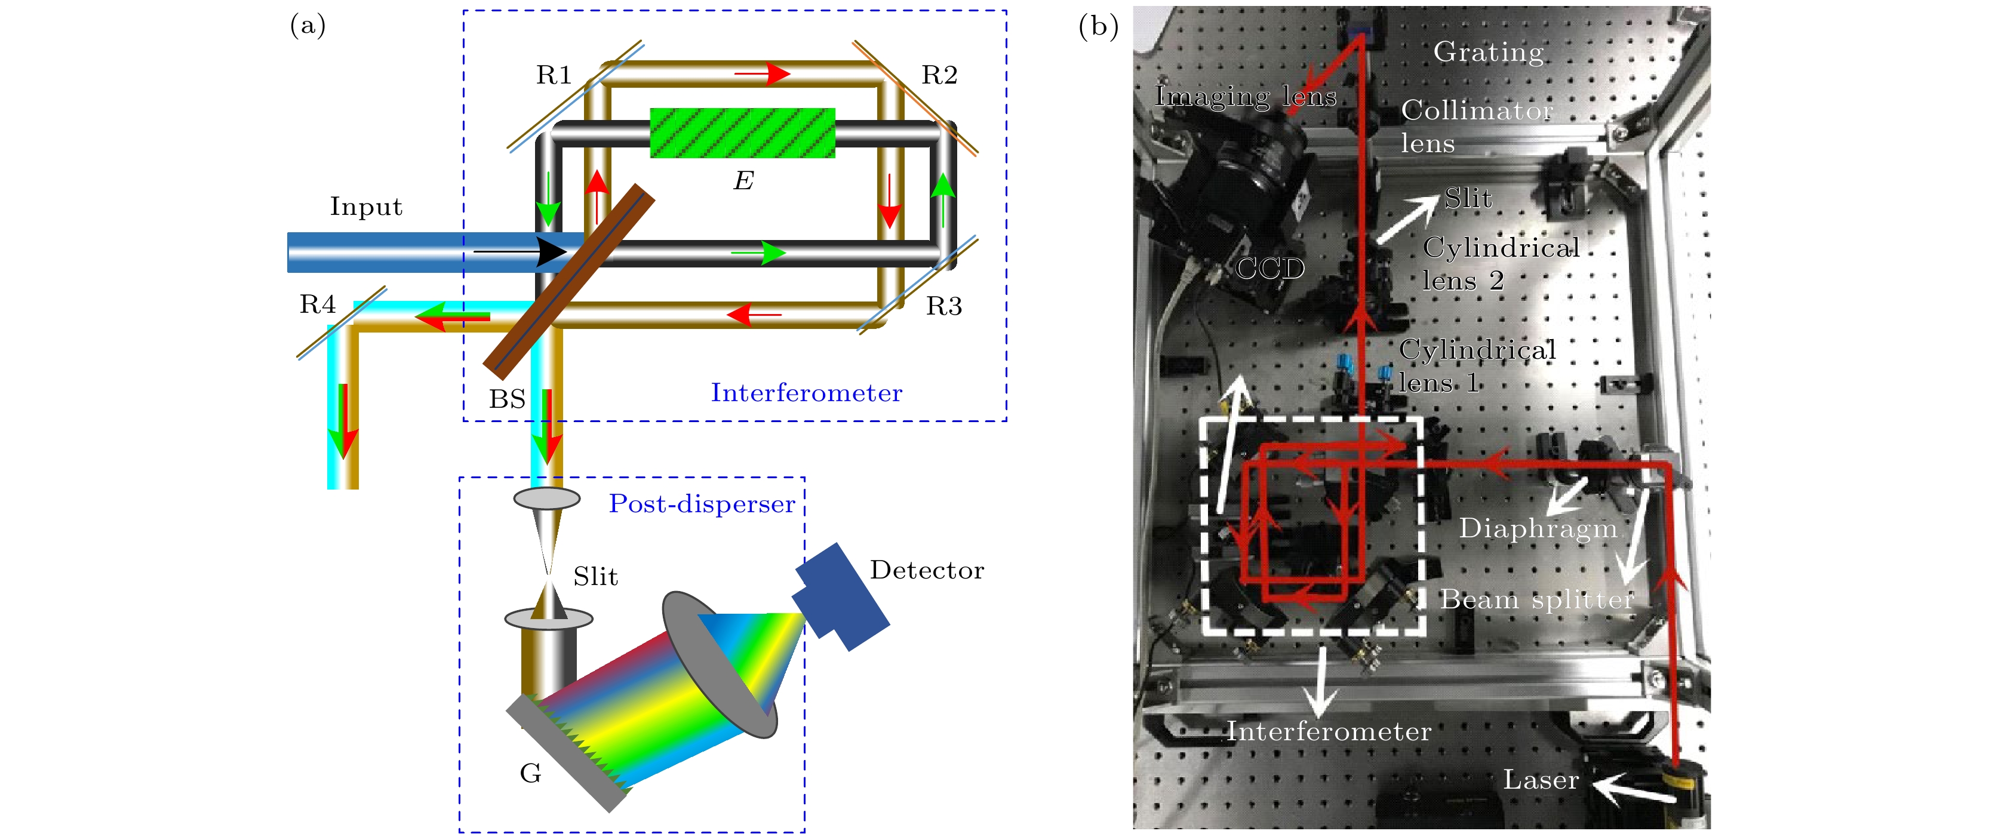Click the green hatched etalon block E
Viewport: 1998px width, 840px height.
pyautogui.click(x=742, y=133)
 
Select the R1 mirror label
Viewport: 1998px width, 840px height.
pyautogui.click(x=554, y=75)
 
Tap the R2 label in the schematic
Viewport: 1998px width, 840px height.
pyautogui.click(x=939, y=75)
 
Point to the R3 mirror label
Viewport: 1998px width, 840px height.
pyautogui.click(x=944, y=306)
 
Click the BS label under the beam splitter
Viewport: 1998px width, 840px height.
pyautogui.click(x=507, y=399)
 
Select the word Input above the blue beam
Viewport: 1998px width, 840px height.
pyautogui.click(x=366, y=207)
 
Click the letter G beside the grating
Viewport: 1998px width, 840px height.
pyautogui.click(x=530, y=773)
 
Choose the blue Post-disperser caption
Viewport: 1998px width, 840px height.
pyautogui.click(x=702, y=504)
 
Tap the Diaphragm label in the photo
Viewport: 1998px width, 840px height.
pyautogui.click(x=1538, y=528)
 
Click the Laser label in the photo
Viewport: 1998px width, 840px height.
pyautogui.click(x=1541, y=780)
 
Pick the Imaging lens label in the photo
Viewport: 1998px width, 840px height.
pyautogui.click(x=1246, y=96)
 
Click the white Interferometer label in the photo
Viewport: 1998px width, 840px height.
pyautogui.click(x=1329, y=731)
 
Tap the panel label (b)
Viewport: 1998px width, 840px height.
pyautogui.click(x=1098, y=26)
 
